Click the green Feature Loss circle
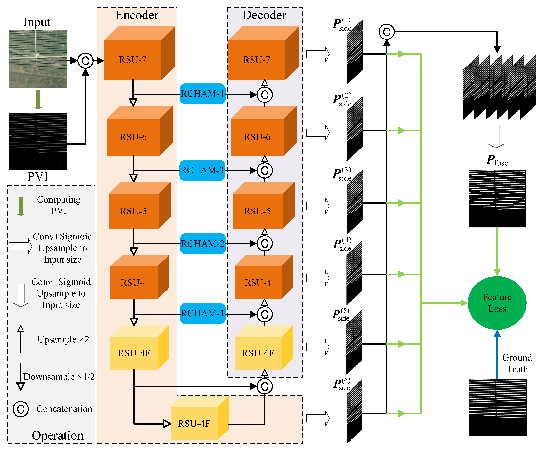pyautogui.click(x=497, y=303)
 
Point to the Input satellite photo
pyautogui.click(x=38, y=59)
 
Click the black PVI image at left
pyautogui.click(x=38, y=142)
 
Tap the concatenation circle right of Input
pyautogui.click(x=85, y=61)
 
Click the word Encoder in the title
pyautogui.click(x=137, y=15)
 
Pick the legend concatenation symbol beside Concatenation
pyautogui.click(x=21, y=409)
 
